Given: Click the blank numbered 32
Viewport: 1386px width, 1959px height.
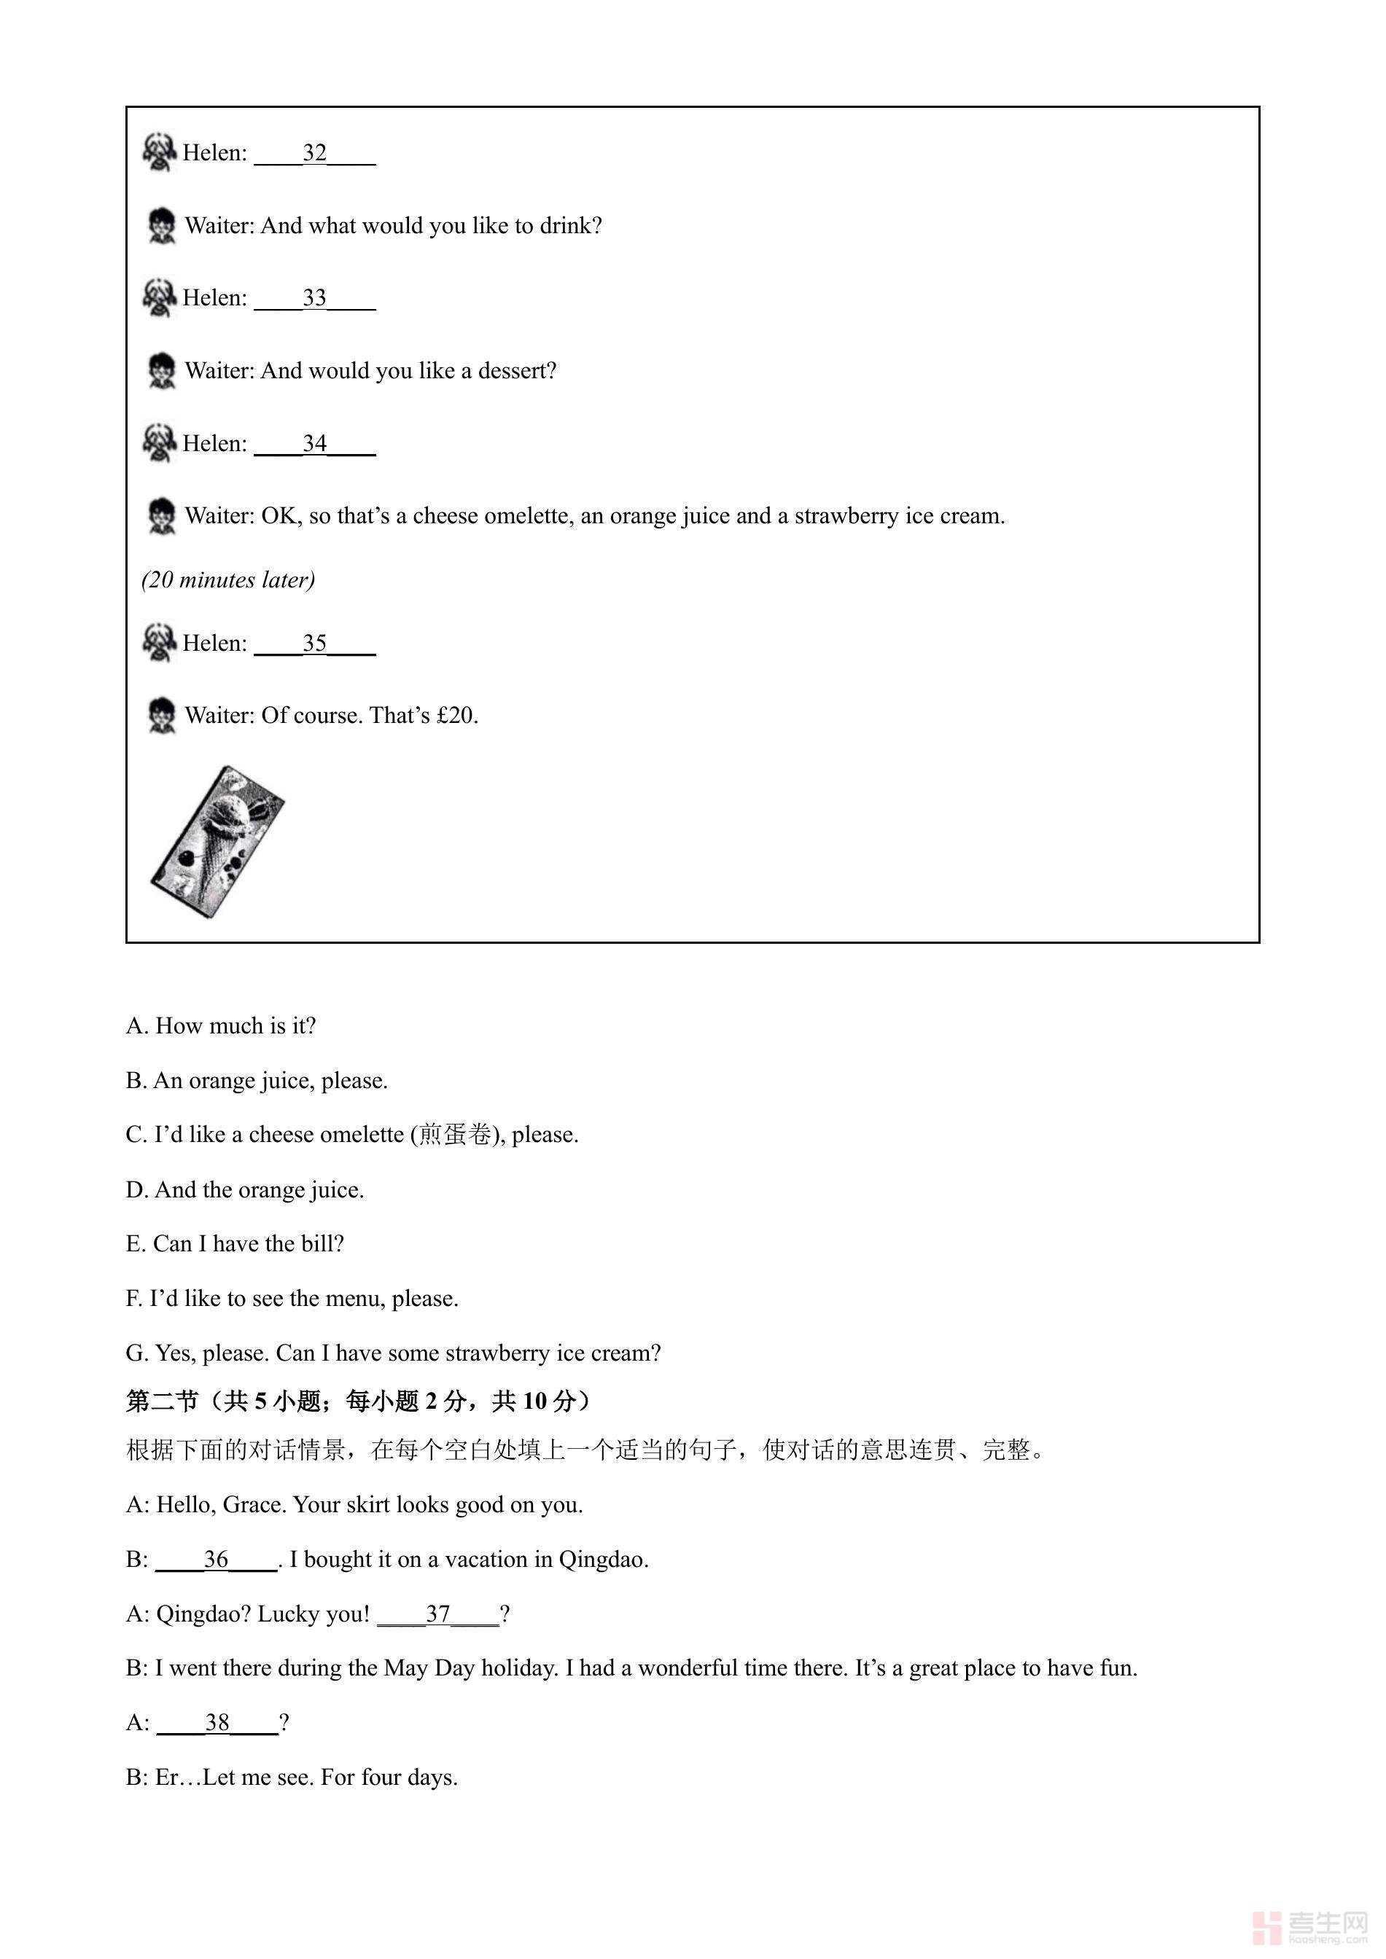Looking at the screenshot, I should tap(315, 154).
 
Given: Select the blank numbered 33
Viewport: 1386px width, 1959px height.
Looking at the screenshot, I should tap(315, 299).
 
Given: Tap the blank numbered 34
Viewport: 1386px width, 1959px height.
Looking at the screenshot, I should tap(315, 445).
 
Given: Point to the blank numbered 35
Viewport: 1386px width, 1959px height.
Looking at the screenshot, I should tap(315, 644).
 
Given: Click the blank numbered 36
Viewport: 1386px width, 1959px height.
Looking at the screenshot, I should tap(217, 1560).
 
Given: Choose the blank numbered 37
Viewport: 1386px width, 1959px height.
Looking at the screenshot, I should tap(438, 1614).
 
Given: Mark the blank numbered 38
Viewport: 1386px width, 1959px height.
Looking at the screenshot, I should tap(217, 1723).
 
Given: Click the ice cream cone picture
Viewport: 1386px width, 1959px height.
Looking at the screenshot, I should tap(217, 842).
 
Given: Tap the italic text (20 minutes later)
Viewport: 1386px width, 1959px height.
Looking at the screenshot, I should tap(228, 580).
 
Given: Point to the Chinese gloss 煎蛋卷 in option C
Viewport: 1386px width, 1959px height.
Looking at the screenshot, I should tap(455, 1135).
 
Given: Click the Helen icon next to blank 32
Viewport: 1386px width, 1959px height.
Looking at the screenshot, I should tap(159, 152).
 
